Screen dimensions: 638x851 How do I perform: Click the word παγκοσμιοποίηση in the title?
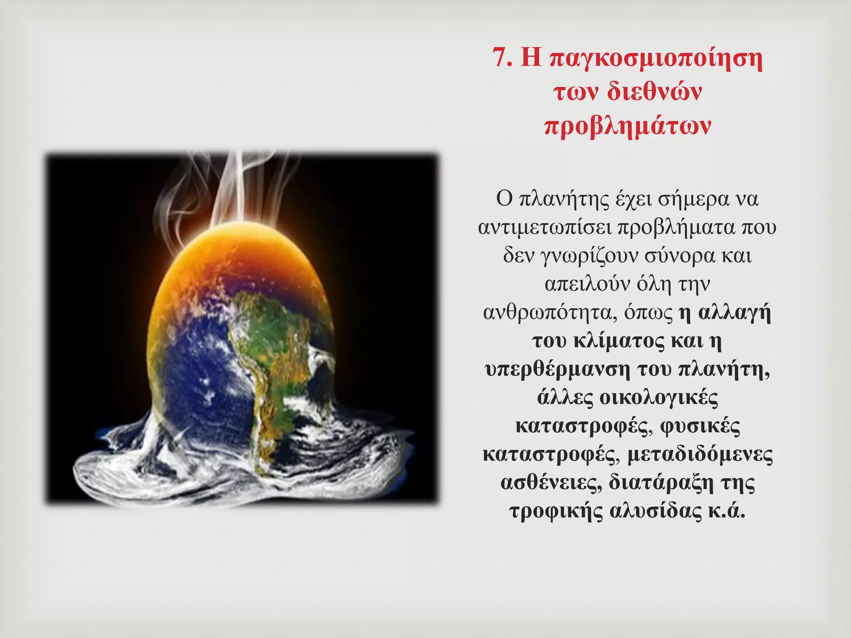tap(656, 59)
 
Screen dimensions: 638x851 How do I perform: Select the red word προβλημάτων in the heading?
tap(627, 126)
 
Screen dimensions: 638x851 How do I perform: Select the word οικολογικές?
tap(659, 397)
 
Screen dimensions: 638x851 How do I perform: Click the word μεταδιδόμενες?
tap(700, 454)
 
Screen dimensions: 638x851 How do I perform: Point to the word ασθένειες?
tap(551, 482)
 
